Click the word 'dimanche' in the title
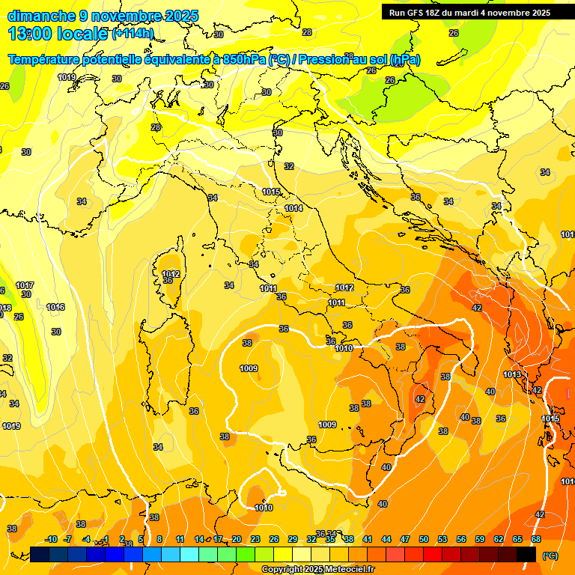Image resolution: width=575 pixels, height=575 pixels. tap(41, 16)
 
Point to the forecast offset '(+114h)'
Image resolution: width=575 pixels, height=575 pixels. tap(133, 34)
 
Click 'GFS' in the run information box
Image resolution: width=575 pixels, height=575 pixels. tap(417, 13)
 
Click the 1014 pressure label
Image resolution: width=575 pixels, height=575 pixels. tap(293, 208)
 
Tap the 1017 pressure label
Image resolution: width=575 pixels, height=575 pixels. tap(25, 285)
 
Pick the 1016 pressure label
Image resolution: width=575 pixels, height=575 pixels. tap(55, 307)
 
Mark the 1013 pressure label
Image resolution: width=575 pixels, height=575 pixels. tap(512, 374)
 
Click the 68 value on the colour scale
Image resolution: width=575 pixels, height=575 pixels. tap(536, 539)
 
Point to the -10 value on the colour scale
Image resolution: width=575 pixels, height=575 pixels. tap(51, 539)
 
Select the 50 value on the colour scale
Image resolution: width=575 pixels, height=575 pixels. tap(424, 539)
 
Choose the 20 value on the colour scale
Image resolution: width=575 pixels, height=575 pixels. tap(237, 539)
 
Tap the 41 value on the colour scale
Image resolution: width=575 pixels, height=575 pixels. tap(368, 539)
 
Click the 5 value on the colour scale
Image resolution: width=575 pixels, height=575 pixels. tap(141, 539)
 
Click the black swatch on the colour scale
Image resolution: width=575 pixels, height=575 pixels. tap(526, 554)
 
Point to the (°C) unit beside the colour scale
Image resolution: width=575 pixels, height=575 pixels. tap(549, 555)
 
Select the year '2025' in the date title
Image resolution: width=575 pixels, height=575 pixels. tap(180, 16)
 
